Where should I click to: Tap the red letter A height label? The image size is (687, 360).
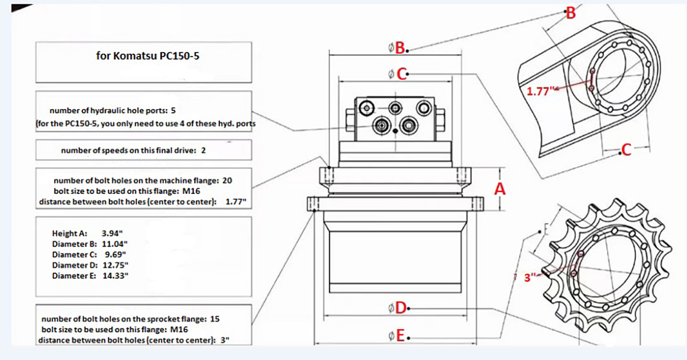500,189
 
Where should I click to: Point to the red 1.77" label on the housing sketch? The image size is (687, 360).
540,91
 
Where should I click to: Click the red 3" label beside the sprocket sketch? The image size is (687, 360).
531,278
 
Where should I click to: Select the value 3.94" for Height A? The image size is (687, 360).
112,233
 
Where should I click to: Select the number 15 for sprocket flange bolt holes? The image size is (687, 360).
215,319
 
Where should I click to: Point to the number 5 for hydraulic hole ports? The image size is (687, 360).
173,111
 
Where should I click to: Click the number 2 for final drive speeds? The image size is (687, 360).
204,150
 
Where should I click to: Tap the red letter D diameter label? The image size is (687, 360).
401,308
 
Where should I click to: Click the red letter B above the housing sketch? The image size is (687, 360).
570,12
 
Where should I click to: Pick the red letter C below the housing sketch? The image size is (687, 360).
626,150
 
